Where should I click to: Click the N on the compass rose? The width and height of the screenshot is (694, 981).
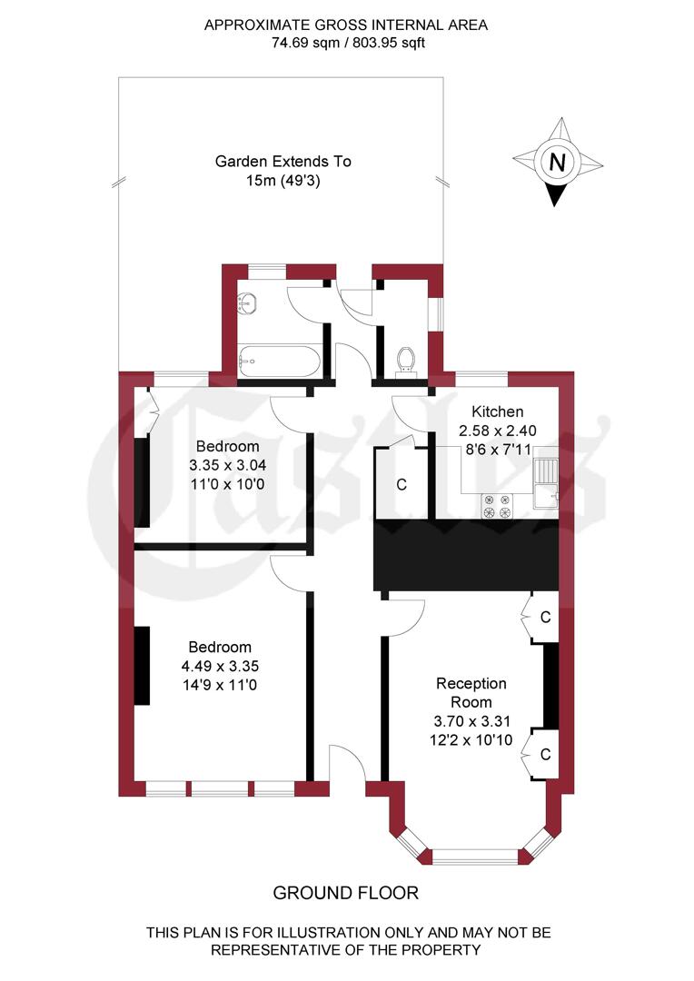click(x=558, y=163)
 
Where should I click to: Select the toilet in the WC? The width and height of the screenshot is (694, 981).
click(x=407, y=360)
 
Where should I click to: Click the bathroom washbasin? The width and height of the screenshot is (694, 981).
click(x=248, y=303)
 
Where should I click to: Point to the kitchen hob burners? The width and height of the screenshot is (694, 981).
click(x=497, y=506)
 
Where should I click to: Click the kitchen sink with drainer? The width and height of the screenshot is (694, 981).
click(x=546, y=482)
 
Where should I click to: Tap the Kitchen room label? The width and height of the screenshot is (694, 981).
click(x=491, y=411)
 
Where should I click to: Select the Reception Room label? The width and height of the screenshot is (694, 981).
click(x=471, y=692)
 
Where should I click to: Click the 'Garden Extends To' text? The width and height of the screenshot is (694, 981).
click(x=283, y=162)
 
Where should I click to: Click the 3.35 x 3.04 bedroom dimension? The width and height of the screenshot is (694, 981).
click(x=227, y=465)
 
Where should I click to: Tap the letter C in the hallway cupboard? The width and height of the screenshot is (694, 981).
click(x=401, y=484)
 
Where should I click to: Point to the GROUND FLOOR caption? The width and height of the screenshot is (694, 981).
click(x=346, y=894)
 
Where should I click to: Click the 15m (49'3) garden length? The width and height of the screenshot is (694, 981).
click(x=283, y=180)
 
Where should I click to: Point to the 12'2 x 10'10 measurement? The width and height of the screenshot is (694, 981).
click(x=471, y=740)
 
